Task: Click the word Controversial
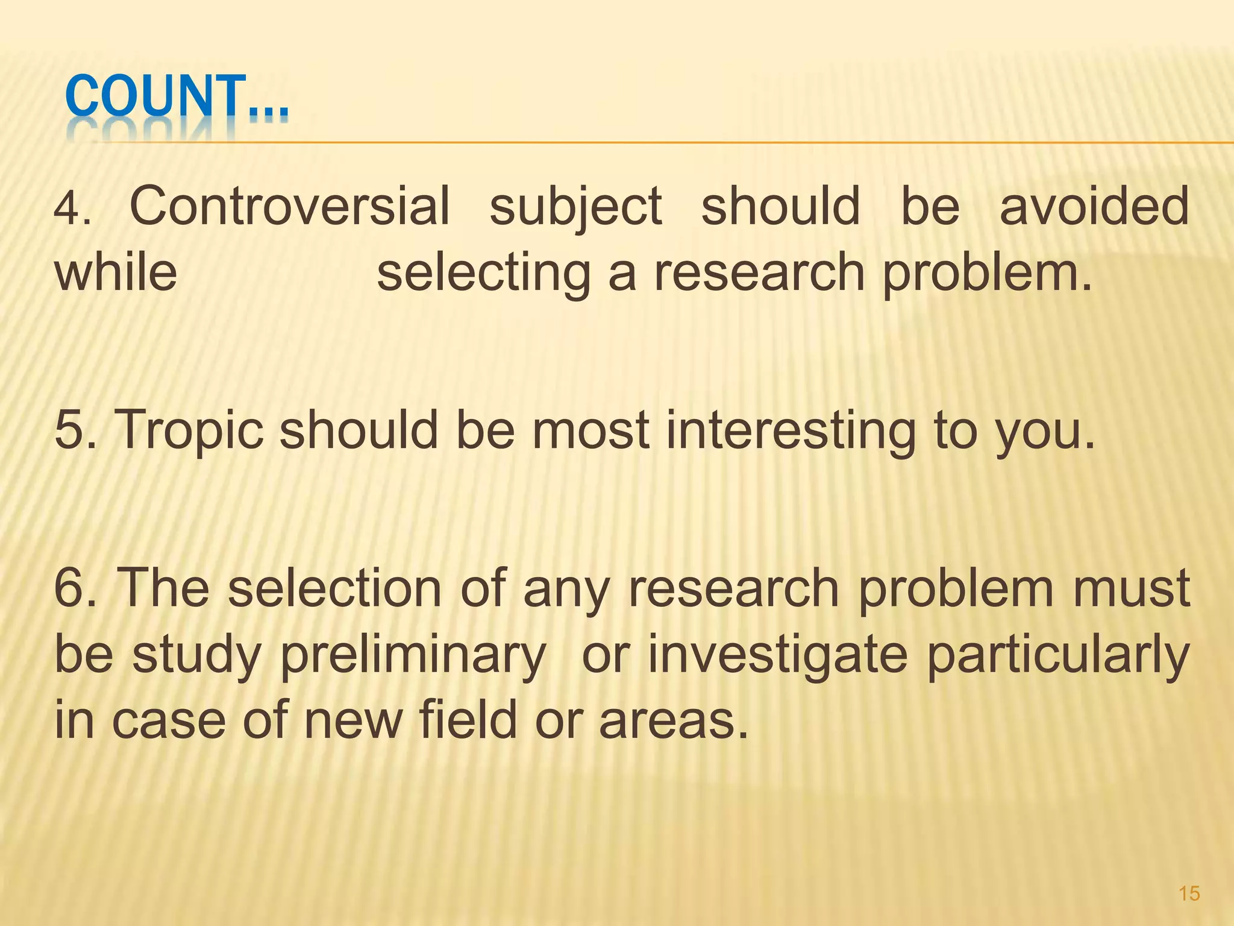[290, 206]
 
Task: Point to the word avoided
[1094, 206]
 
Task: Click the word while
[116, 272]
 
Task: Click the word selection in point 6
[335, 588]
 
